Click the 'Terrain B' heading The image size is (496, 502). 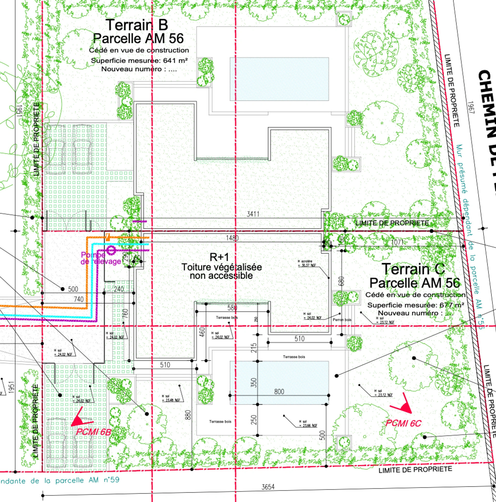[137, 25]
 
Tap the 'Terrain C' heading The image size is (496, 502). [413, 269]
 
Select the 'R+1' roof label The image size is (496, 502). [219, 257]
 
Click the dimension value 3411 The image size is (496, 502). [253, 214]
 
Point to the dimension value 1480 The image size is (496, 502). [232, 238]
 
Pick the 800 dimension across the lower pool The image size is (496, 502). [279, 391]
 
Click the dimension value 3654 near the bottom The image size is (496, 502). [268, 487]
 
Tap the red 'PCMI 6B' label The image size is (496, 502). [94, 431]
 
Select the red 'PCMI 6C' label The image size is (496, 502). [403, 423]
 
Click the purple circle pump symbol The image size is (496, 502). [111, 250]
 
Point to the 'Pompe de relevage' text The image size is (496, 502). [100, 258]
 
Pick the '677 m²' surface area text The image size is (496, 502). [452, 305]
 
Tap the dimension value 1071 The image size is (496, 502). [397, 242]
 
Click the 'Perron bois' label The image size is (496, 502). [342, 320]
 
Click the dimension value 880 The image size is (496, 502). [189, 415]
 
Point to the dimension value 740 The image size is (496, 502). [79, 299]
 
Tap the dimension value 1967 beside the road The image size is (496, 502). [471, 107]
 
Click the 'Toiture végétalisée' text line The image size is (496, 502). [221, 267]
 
